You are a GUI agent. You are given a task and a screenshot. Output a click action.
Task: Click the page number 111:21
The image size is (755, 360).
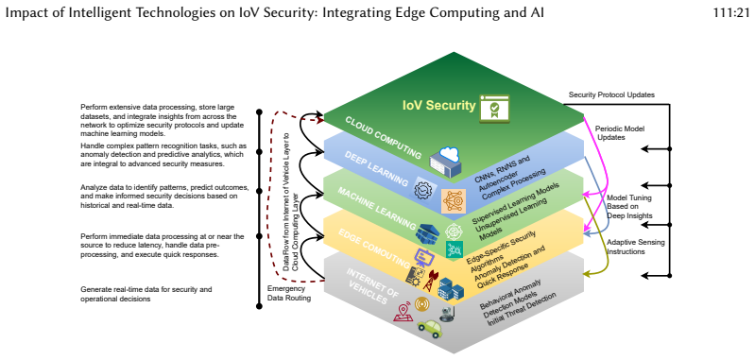pos(731,13)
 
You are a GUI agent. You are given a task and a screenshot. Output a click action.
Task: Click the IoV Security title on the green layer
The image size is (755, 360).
pos(438,105)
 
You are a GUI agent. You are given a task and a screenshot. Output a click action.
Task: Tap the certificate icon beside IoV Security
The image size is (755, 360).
pos(494,109)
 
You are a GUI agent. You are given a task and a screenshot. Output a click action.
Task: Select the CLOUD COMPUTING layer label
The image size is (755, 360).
pos(384,138)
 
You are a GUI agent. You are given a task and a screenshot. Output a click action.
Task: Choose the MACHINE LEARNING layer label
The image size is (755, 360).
pos(376,209)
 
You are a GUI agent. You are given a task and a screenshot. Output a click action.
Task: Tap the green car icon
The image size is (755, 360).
pos(430,328)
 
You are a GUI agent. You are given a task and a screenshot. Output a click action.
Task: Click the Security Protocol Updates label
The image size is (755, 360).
pos(611,94)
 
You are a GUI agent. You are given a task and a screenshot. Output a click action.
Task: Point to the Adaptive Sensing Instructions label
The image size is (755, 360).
pos(636,247)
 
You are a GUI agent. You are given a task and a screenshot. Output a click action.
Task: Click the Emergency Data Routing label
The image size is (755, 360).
pos(289,293)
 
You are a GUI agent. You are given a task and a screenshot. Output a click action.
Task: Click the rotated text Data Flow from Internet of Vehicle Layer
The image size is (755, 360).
pos(286,201)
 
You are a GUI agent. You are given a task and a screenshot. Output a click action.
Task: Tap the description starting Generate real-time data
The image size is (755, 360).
pos(146,294)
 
